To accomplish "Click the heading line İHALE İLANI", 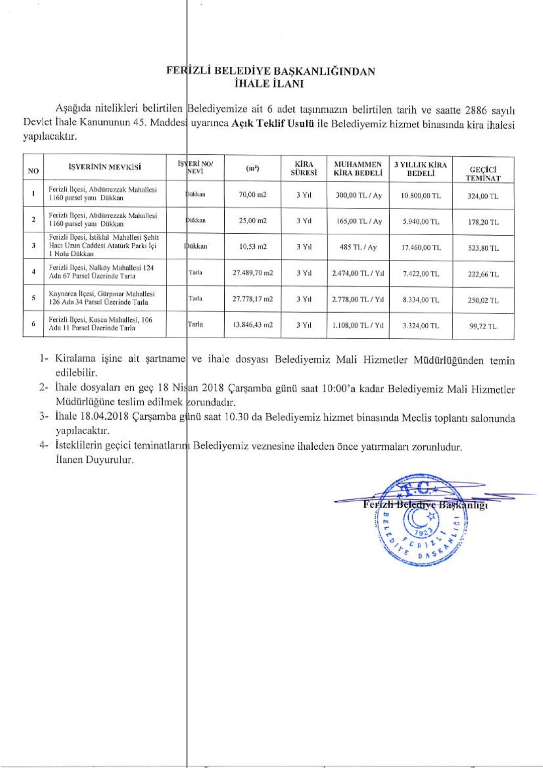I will click(x=269, y=84).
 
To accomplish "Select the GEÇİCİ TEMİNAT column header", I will click(x=483, y=173).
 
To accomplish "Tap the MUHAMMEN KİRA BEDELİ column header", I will click(x=358, y=169).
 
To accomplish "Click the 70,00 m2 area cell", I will click(x=252, y=195).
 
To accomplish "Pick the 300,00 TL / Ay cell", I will click(x=358, y=195).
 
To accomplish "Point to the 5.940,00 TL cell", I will click(x=421, y=221).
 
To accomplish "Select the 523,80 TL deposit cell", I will click(x=483, y=248).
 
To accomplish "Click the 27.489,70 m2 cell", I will click(x=252, y=273).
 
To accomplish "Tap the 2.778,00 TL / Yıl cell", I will click(x=358, y=299).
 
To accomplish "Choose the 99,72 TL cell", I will click(x=483, y=326).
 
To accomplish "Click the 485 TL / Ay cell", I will click(x=358, y=247).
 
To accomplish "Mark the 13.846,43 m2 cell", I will click(x=252, y=325).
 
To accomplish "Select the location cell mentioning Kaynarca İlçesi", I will click(x=102, y=298).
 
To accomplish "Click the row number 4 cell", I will click(x=33, y=272).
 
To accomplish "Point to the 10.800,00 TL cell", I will click(x=421, y=196).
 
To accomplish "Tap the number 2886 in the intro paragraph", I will click(x=476, y=111).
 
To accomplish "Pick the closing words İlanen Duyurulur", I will click(x=95, y=459).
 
